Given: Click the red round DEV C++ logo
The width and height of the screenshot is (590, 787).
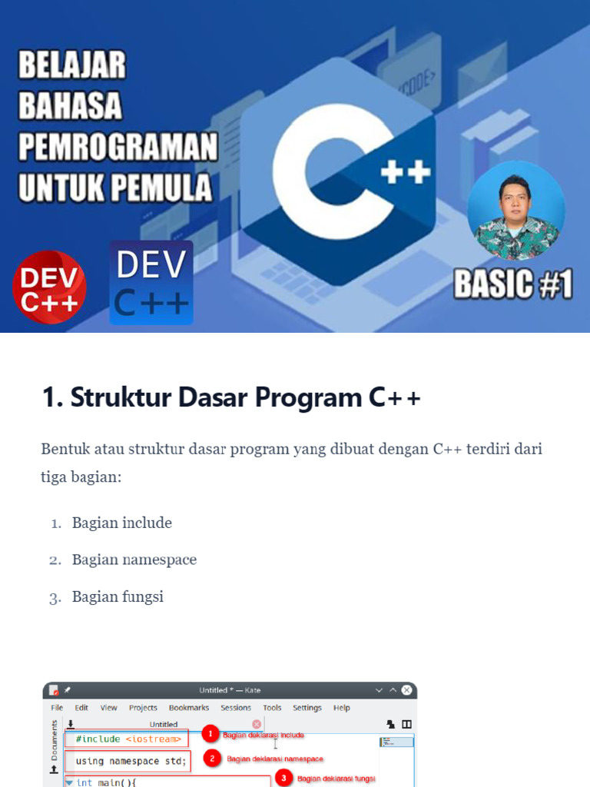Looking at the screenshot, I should (49, 287).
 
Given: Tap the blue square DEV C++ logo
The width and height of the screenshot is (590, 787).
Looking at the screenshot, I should (151, 282).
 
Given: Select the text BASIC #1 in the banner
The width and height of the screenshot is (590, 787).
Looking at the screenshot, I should (512, 284).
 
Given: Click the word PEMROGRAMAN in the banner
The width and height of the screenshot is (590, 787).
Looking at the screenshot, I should (118, 146).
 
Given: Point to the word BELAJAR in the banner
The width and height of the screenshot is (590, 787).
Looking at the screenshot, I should (72, 66).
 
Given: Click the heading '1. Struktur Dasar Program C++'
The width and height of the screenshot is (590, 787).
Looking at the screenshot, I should (230, 398).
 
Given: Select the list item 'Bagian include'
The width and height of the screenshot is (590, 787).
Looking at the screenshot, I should (122, 523).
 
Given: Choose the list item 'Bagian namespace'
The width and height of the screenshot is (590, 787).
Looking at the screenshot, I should (134, 560).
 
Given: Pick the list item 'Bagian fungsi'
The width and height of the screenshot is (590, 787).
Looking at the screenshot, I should (118, 596).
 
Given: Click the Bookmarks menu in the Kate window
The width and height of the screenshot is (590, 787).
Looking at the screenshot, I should (189, 708).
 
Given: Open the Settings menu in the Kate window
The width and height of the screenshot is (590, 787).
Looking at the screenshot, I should (307, 708).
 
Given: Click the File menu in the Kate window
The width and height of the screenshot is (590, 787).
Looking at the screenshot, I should (57, 708).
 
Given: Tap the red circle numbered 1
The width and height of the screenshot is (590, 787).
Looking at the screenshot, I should (210, 735).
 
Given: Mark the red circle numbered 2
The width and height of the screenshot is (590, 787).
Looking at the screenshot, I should (212, 759).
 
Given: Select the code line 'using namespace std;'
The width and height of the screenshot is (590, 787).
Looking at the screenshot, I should (131, 762).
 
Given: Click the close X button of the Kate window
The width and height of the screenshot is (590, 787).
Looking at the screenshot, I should (406, 690).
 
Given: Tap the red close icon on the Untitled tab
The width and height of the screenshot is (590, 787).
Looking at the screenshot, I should (257, 724).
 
